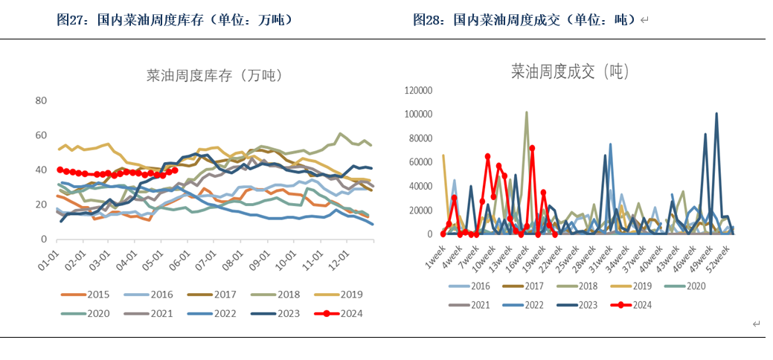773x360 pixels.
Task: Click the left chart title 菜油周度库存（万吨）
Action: point(213,75)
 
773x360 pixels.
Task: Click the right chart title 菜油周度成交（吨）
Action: point(570,72)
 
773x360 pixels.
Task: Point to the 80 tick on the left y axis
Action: point(42,100)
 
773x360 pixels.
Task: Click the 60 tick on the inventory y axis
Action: point(42,135)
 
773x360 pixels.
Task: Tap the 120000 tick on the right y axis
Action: point(417,90)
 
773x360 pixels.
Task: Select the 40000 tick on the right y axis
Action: point(420,187)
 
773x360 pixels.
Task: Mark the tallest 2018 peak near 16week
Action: point(527,113)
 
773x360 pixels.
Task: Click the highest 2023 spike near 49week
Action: point(716,115)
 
